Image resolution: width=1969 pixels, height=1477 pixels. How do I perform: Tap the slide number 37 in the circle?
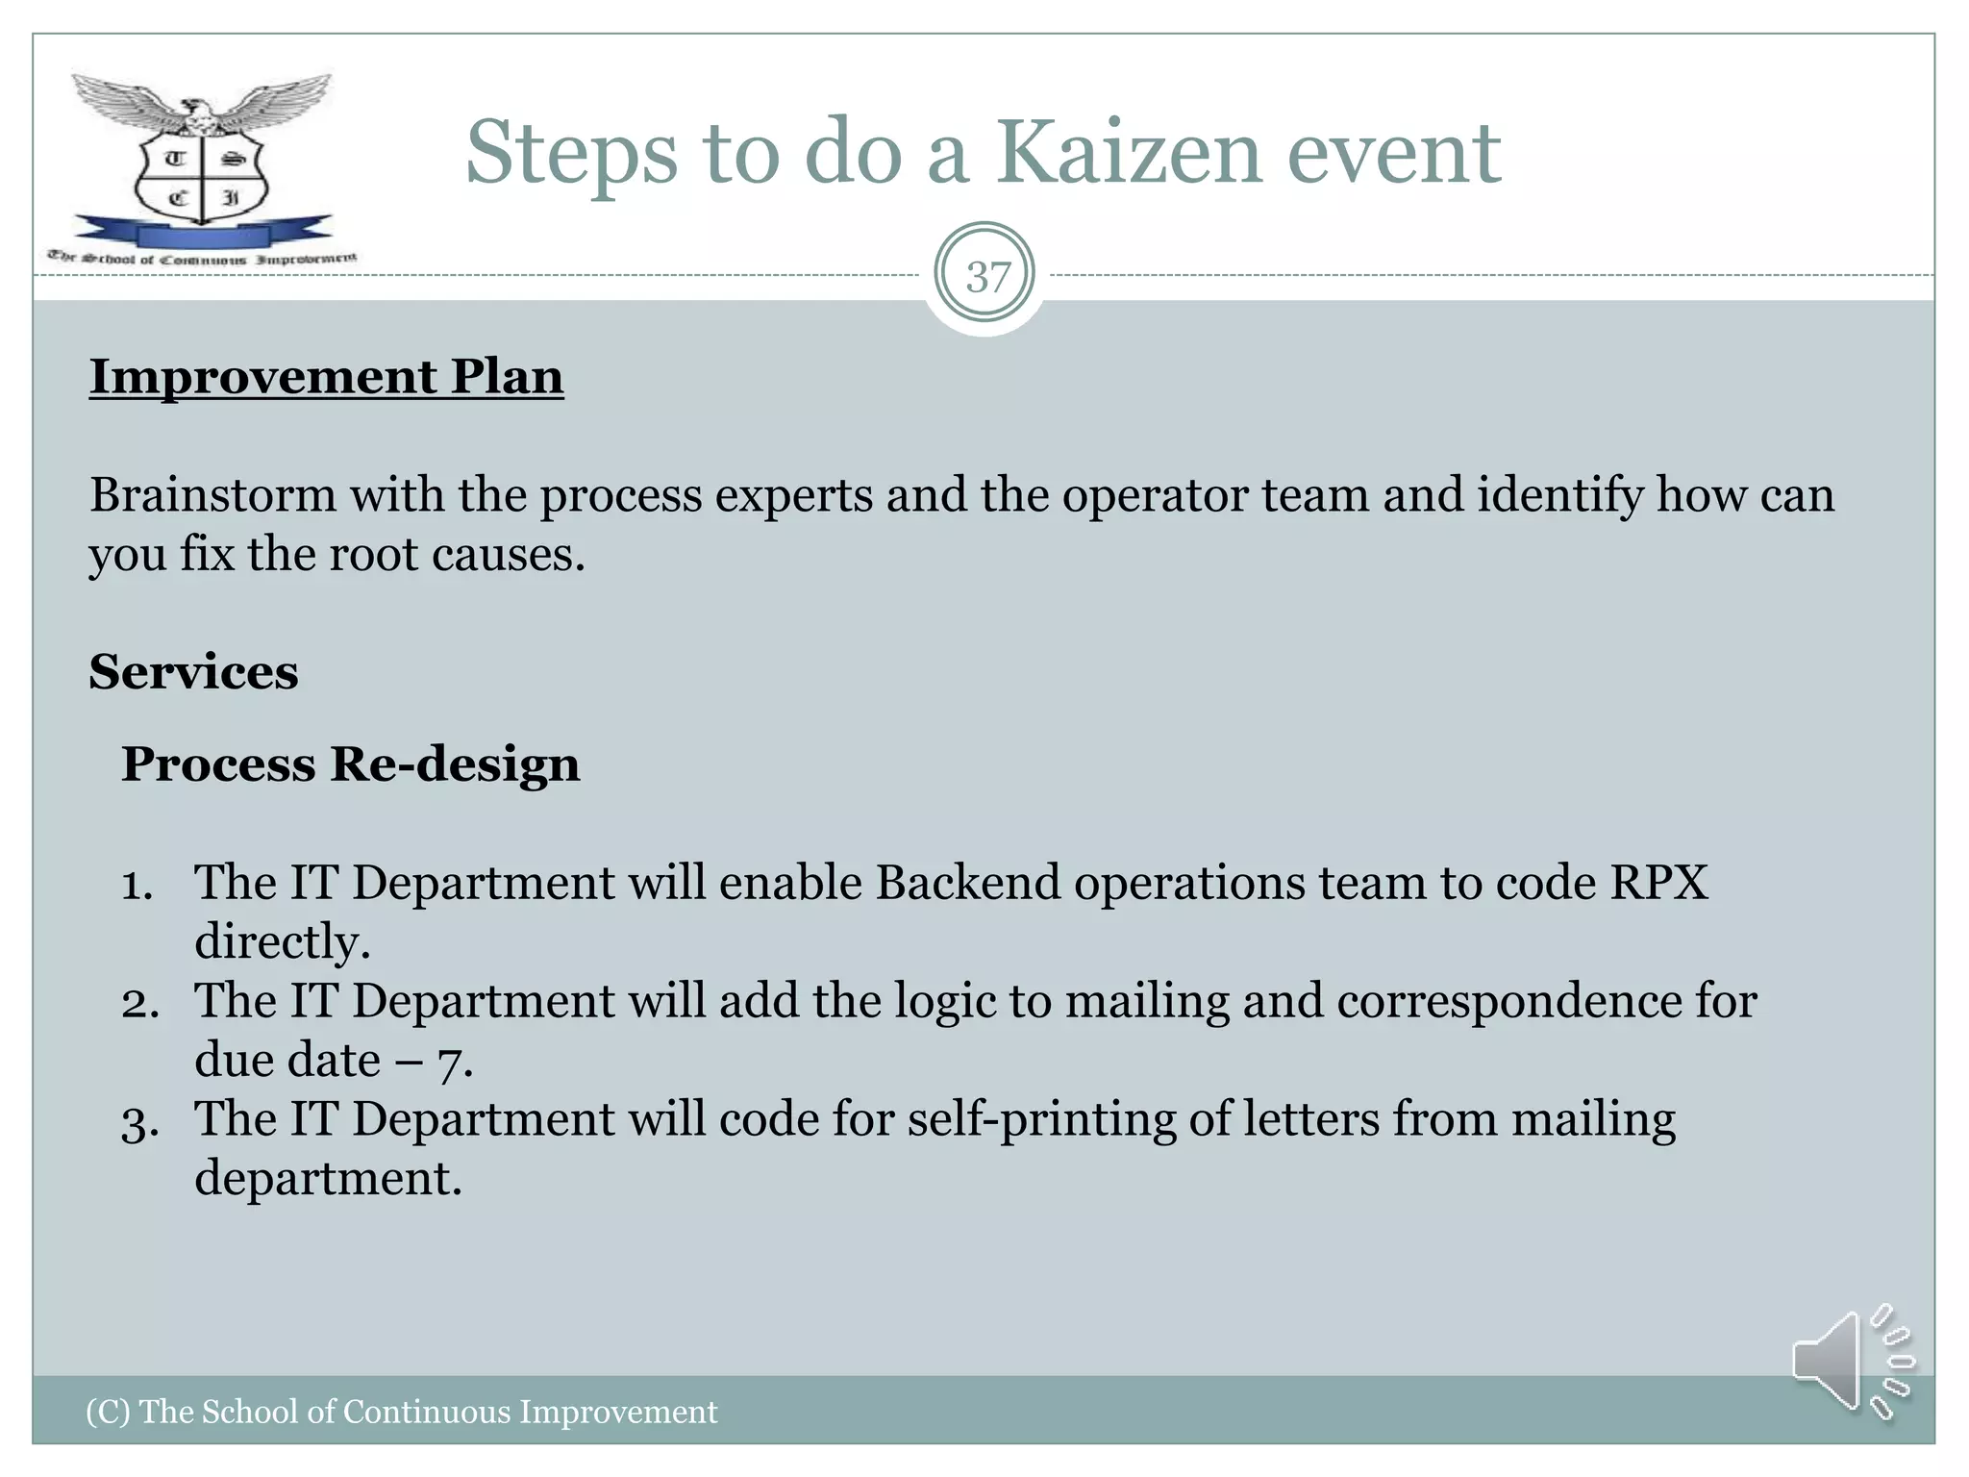(987, 277)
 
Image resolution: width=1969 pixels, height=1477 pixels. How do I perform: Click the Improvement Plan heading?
(326, 376)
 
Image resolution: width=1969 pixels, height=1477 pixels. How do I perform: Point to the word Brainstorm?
(212, 495)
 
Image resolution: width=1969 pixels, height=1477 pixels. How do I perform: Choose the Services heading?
(193, 671)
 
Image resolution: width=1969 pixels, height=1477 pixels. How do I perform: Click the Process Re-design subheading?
(350, 764)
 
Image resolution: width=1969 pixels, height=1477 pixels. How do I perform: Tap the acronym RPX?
(1659, 883)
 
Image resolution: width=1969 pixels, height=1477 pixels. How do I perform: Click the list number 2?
(139, 1004)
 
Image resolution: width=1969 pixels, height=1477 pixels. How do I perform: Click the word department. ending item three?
(328, 1179)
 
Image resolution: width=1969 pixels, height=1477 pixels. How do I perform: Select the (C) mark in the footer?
(108, 1412)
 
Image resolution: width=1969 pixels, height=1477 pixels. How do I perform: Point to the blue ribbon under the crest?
(202, 232)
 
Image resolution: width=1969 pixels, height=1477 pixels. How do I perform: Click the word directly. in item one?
(282, 942)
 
